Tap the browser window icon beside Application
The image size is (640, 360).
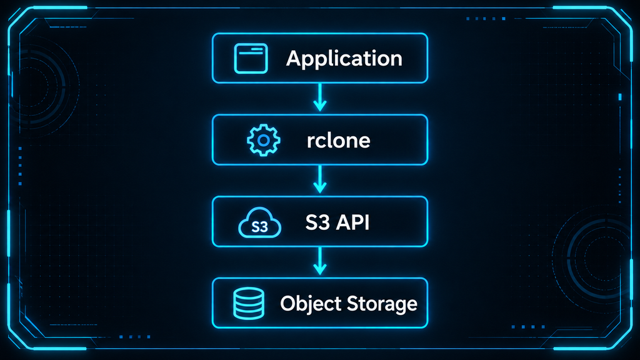251,58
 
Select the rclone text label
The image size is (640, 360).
338,141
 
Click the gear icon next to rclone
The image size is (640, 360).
264,140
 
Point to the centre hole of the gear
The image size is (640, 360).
264,141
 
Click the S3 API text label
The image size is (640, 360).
337,222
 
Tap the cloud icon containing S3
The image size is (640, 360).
259,222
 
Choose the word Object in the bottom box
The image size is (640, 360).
311,304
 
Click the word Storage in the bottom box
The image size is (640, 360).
382,304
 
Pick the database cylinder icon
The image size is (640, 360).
249,303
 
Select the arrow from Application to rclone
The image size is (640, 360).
320,97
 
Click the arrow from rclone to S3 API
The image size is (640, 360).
320,179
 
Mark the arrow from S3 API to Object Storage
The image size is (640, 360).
320,261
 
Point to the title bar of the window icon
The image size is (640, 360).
251,49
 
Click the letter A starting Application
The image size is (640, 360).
293,58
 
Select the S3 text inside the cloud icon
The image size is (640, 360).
259,226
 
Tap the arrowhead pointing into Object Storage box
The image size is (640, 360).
320,269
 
